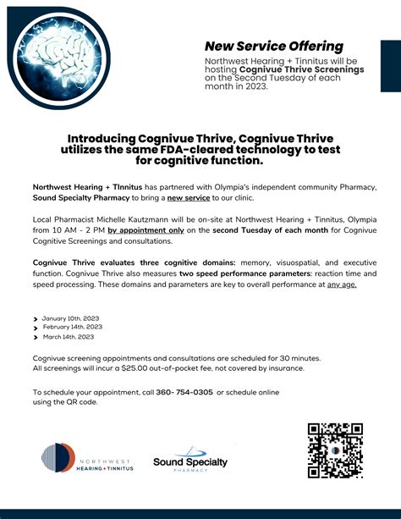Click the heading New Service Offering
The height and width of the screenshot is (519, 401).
[x=274, y=46]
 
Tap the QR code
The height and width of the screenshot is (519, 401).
[x=335, y=450]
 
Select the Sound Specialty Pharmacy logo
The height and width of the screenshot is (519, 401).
[x=190, y=461]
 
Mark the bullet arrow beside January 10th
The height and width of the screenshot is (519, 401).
[x=35, y=318]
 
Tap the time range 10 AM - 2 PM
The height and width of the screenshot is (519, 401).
[x=80, y=228]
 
